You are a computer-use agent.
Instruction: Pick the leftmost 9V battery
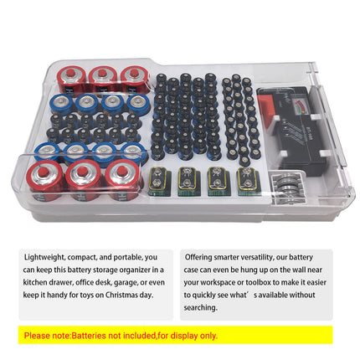158,181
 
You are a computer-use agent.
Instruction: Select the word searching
200,307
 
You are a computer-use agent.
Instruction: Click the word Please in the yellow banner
38,336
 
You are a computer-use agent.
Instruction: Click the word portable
122,257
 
